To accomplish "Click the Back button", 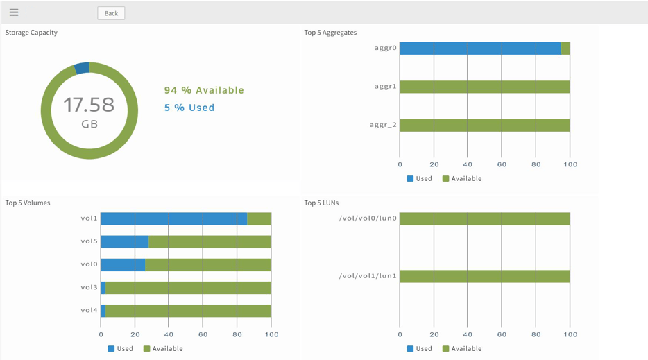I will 111,13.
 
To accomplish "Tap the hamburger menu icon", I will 14,12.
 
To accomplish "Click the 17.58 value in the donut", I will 89,105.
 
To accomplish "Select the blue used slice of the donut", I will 82,68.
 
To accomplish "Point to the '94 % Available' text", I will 204,90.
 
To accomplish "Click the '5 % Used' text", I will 189,108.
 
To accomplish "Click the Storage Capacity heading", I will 31,33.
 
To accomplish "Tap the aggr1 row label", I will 385,87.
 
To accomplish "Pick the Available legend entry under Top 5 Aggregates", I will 462,178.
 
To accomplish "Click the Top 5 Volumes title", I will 28,203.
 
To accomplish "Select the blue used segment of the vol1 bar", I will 173,218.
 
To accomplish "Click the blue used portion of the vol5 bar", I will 125,241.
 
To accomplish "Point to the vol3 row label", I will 89,287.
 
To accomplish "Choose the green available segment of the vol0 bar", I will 208,264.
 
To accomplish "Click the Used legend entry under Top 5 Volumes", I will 120,348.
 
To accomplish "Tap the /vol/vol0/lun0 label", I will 368,218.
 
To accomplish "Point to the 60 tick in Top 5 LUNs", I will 502,335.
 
